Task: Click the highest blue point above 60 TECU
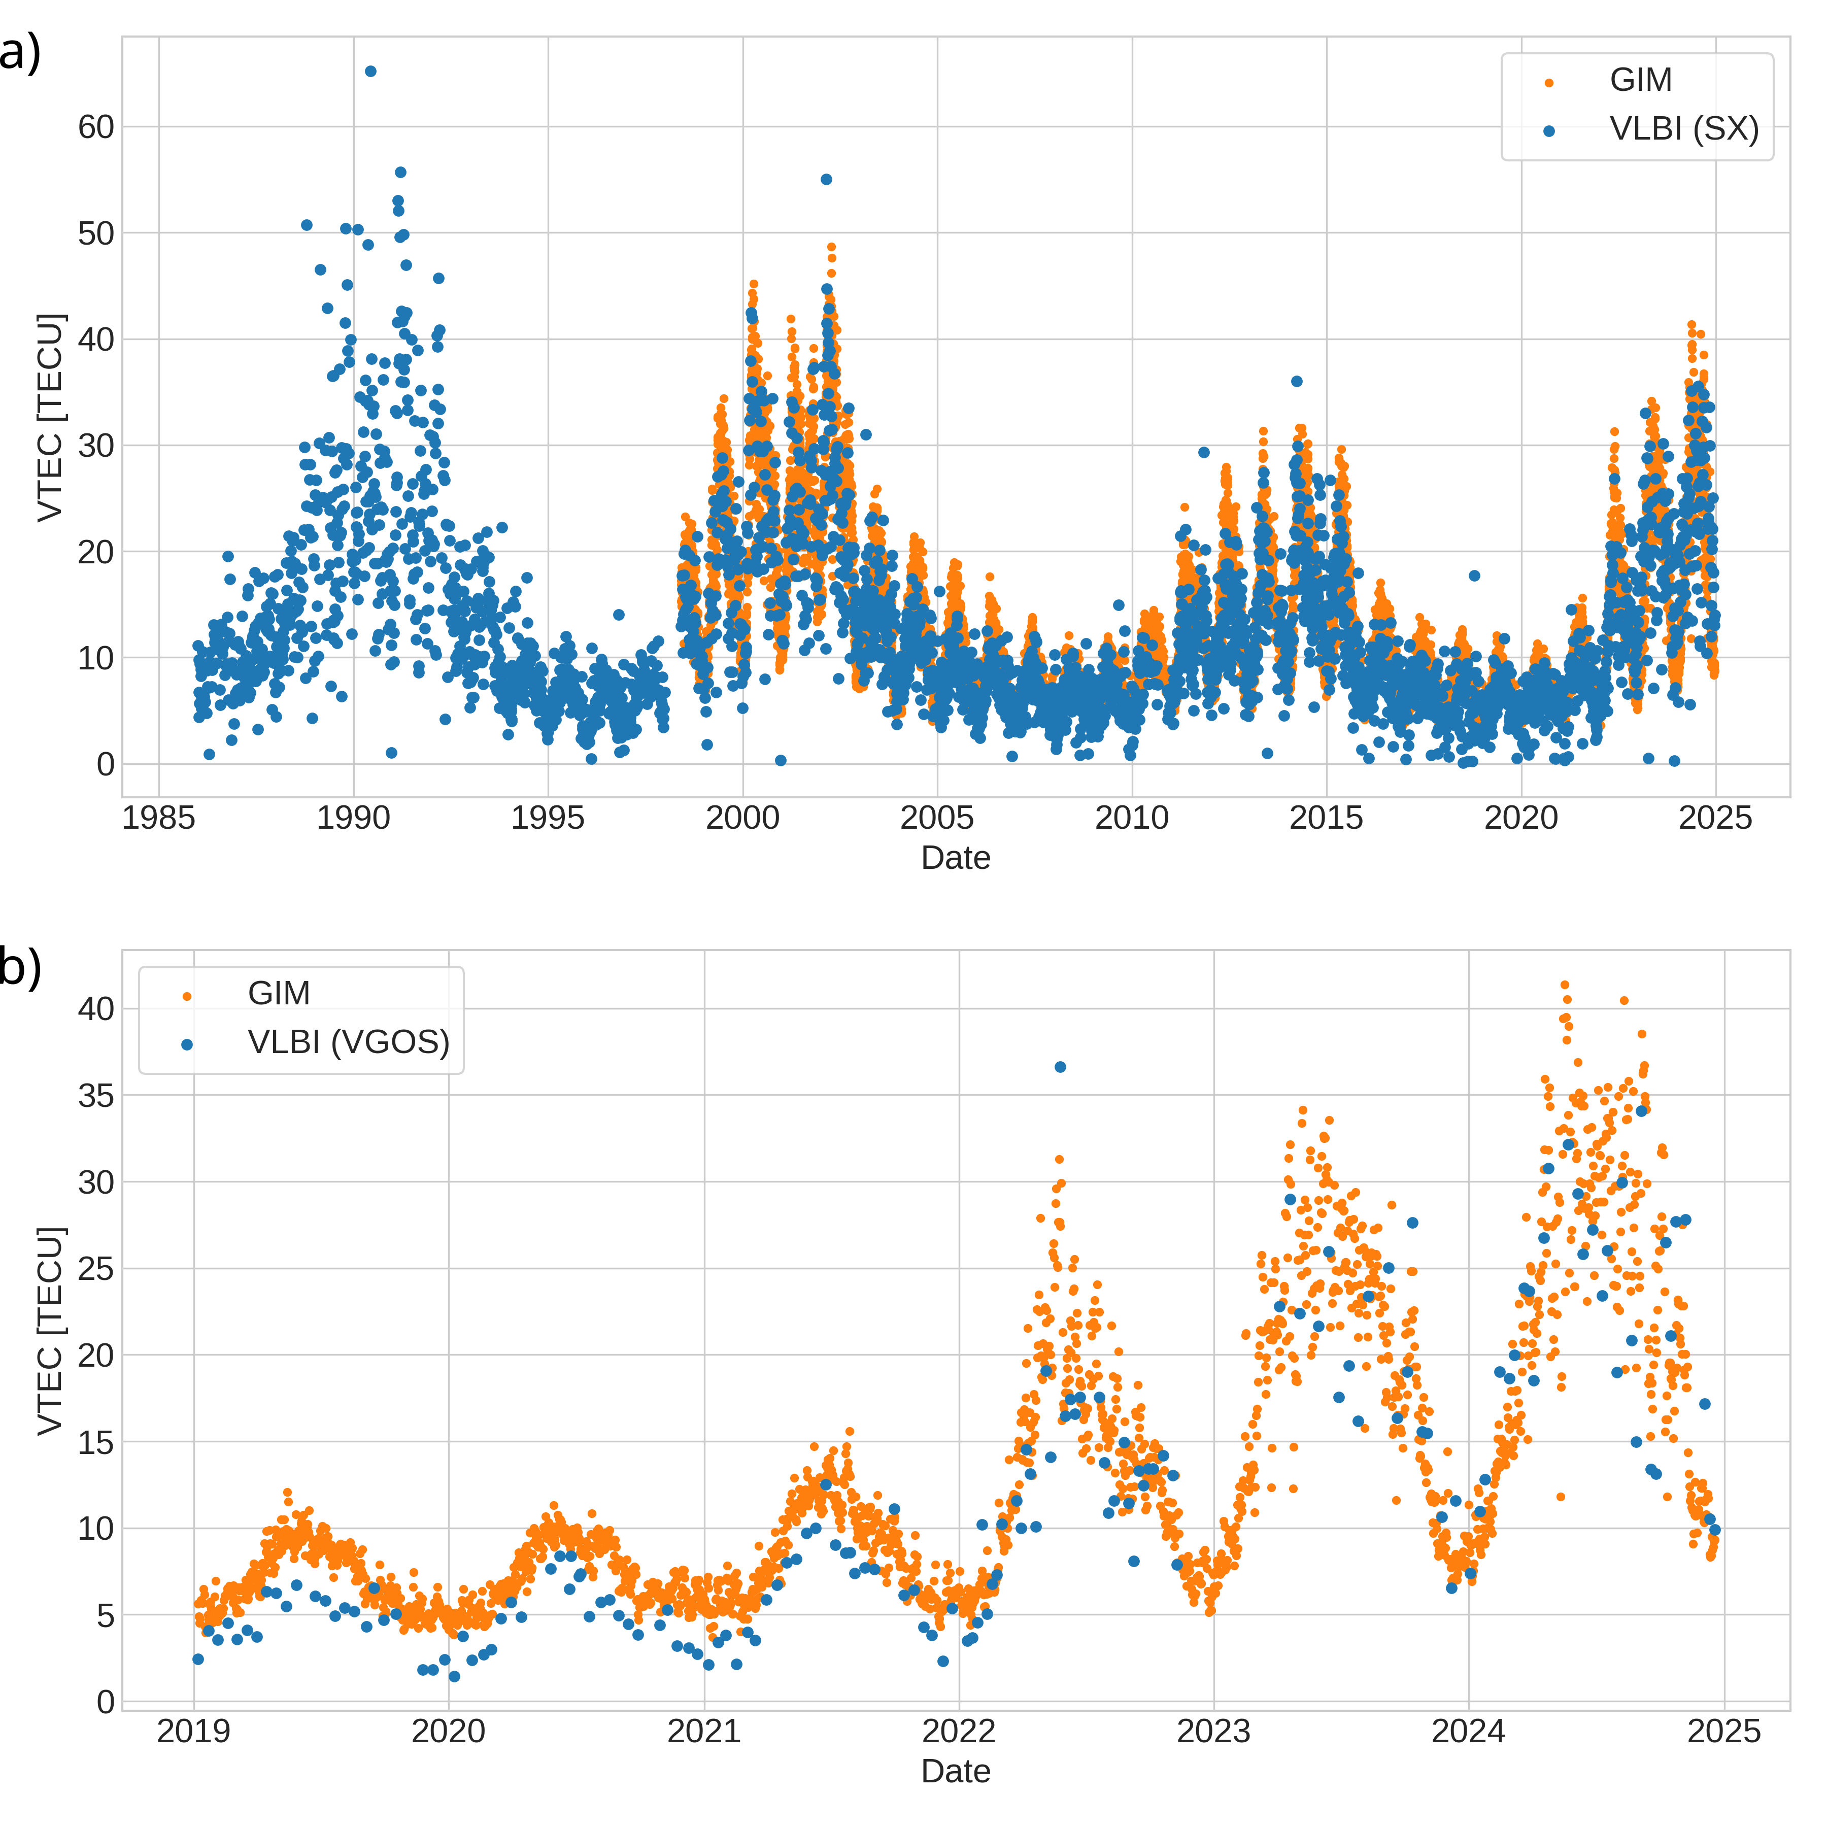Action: pos(370,71)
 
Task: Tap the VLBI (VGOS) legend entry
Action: pos(348,1042)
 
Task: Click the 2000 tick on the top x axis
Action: pos(742,817)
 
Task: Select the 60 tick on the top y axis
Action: pos(95,127)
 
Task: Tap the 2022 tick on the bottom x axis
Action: pos(959,1732)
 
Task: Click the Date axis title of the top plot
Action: pos(955,858)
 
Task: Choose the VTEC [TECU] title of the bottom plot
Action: pos(49,1331)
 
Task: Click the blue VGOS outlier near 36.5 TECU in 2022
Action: pos(1060,1067)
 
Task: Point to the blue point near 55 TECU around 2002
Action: pos(826,179)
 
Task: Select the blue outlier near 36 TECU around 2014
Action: pos(1297,381)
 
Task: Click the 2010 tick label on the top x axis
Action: pos(1131,817)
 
